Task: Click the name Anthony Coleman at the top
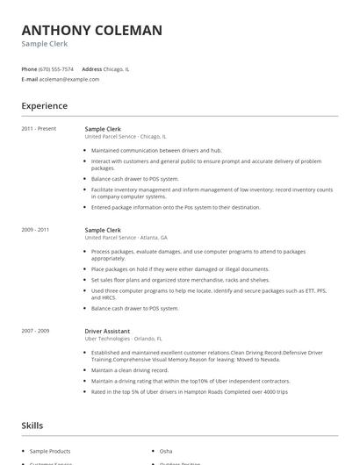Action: point(92,30)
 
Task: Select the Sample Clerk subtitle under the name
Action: point(45,44)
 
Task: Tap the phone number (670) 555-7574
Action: point(56,68)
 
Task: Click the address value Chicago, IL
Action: point(117,68)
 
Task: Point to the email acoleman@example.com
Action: point(69,79)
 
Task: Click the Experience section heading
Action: point(45,106)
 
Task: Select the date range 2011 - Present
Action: point(40,129)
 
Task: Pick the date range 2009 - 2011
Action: point(36,229)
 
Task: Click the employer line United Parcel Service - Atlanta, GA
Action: point(126,237)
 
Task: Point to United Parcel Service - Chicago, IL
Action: point(126,137)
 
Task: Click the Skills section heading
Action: point(32,426)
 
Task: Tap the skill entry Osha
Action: point(166,450)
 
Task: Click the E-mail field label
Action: point(30,79)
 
